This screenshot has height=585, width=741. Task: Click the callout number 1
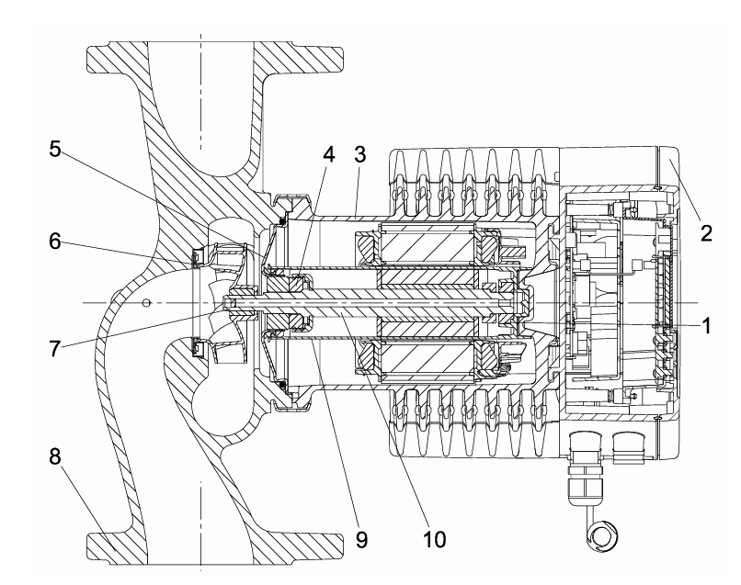pos(706,326)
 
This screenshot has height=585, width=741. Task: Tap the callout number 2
pos(706,232)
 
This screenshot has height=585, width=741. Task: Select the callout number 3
pos(359,154)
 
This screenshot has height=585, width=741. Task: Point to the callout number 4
pos(329,154)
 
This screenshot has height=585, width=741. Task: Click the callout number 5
pos(55,149)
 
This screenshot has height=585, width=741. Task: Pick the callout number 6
pos(55,242)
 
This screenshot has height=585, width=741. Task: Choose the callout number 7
pos(55,349)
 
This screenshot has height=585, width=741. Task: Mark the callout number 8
pos(55,456)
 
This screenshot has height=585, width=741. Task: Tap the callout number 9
pos(361,540)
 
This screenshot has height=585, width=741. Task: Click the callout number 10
pos(434,540)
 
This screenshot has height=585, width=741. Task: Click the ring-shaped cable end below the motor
pos(602,537)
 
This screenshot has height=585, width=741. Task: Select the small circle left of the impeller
pos(146,302)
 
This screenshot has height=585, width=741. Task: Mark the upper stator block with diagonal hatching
pos(427,246)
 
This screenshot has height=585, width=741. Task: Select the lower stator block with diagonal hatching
pos(427,359)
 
